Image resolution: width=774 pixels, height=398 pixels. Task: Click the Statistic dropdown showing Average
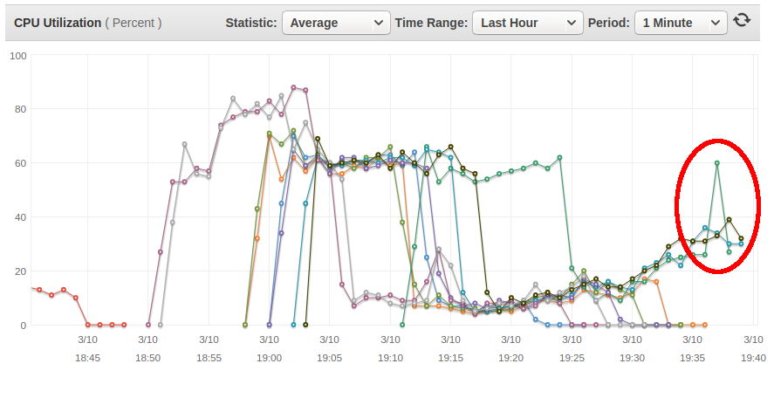pos(336,23)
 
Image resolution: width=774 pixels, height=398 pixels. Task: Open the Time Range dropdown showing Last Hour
pos(528,23)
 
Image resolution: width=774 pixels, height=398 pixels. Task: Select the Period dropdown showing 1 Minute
pos(681,23)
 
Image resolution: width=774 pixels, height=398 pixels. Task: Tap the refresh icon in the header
pos(742,20)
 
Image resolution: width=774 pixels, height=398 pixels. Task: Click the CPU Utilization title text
pos(58,24)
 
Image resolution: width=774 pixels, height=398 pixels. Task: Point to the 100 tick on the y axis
pos(18,56)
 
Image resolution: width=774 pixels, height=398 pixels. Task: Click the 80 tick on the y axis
pos(21,109)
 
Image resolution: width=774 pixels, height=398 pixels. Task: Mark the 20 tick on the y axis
pos(21,271)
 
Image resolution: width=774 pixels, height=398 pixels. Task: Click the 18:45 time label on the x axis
pos(87,358)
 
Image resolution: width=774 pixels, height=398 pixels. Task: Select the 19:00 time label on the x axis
pos(269,358)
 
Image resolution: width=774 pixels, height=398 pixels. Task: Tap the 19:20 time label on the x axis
pos(510,358)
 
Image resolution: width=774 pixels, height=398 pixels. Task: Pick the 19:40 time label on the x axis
pos(753,358)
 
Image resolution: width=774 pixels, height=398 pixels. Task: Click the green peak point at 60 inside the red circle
pos(716,163)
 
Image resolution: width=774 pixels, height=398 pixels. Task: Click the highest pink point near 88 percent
pos(294,87)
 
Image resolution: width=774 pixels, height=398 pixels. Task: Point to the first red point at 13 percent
pos(39,290)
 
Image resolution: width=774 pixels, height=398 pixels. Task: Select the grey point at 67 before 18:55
pos(185,144)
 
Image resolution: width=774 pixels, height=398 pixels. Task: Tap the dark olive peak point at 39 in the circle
pos(729,220)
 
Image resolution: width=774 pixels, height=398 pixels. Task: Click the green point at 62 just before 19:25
pos(559,157)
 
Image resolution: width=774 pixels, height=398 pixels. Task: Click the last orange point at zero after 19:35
pos(705,325)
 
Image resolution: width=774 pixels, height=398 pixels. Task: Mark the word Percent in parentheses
pos(134,24)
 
